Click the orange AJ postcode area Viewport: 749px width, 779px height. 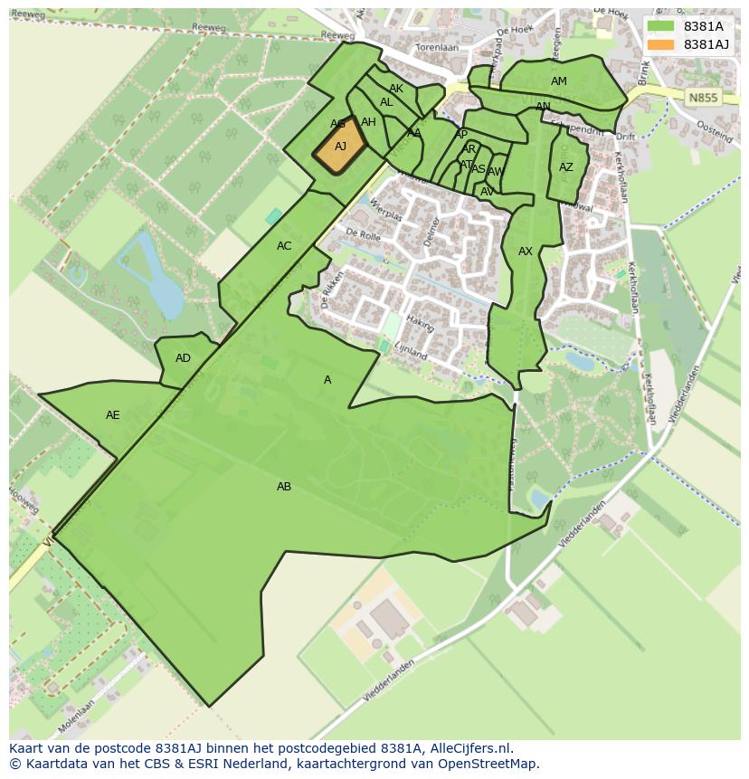[x=340, y=147]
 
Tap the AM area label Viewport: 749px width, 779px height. [x=559, y=81]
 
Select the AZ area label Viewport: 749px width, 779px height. [x=566, y=167]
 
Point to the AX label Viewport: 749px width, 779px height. [x=526, y=252]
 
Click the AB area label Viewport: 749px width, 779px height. [x=284, y=487]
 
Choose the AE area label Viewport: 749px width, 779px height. [x=113, y=415]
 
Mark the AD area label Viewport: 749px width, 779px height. [x=184, y=358]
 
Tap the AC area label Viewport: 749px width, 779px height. [x=284, y=246]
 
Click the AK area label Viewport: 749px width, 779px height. [x=396, y=89]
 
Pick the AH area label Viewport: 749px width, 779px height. [x=368, y=122]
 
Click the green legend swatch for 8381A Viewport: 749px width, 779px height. [x=660, y=26]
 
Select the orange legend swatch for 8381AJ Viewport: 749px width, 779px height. [x=660, y=44]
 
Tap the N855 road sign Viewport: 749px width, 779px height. [x=701, y=98]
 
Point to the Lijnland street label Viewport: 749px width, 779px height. [x=410, y=350]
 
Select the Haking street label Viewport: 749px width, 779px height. [x=421, y=321]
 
